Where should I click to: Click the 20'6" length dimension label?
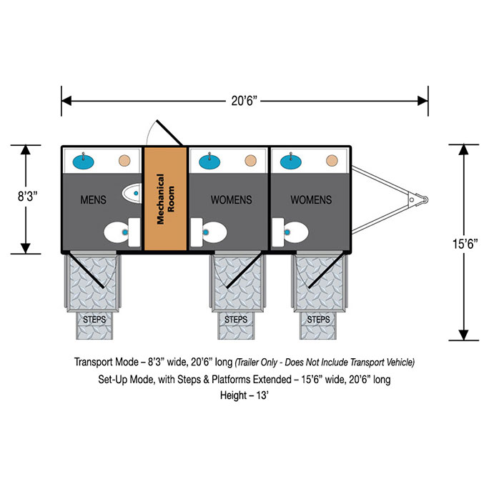tap(244, 101)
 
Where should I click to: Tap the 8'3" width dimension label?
tap(27, 197)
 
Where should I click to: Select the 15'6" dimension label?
tap(465, 244)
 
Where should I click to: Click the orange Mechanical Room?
tap(165, 199)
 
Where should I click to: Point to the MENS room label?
tap(93, 199)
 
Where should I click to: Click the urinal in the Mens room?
tap(132, 193)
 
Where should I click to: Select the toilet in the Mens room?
tap(122, 232)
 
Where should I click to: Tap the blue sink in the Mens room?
tap(83, 162)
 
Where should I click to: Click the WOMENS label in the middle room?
tap(231, 199)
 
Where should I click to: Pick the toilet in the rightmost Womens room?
tap(290, 232)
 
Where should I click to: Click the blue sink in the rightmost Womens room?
tap(291, 162)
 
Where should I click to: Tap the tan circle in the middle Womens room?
tap(250, 161)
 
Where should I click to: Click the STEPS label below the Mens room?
tap(94, 320)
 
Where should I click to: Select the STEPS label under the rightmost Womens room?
tap(318, 320)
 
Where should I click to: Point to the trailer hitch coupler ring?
tap(424, 199)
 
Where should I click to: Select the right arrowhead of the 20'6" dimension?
tap(423, 101)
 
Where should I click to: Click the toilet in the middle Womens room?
tap(209, 232)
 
